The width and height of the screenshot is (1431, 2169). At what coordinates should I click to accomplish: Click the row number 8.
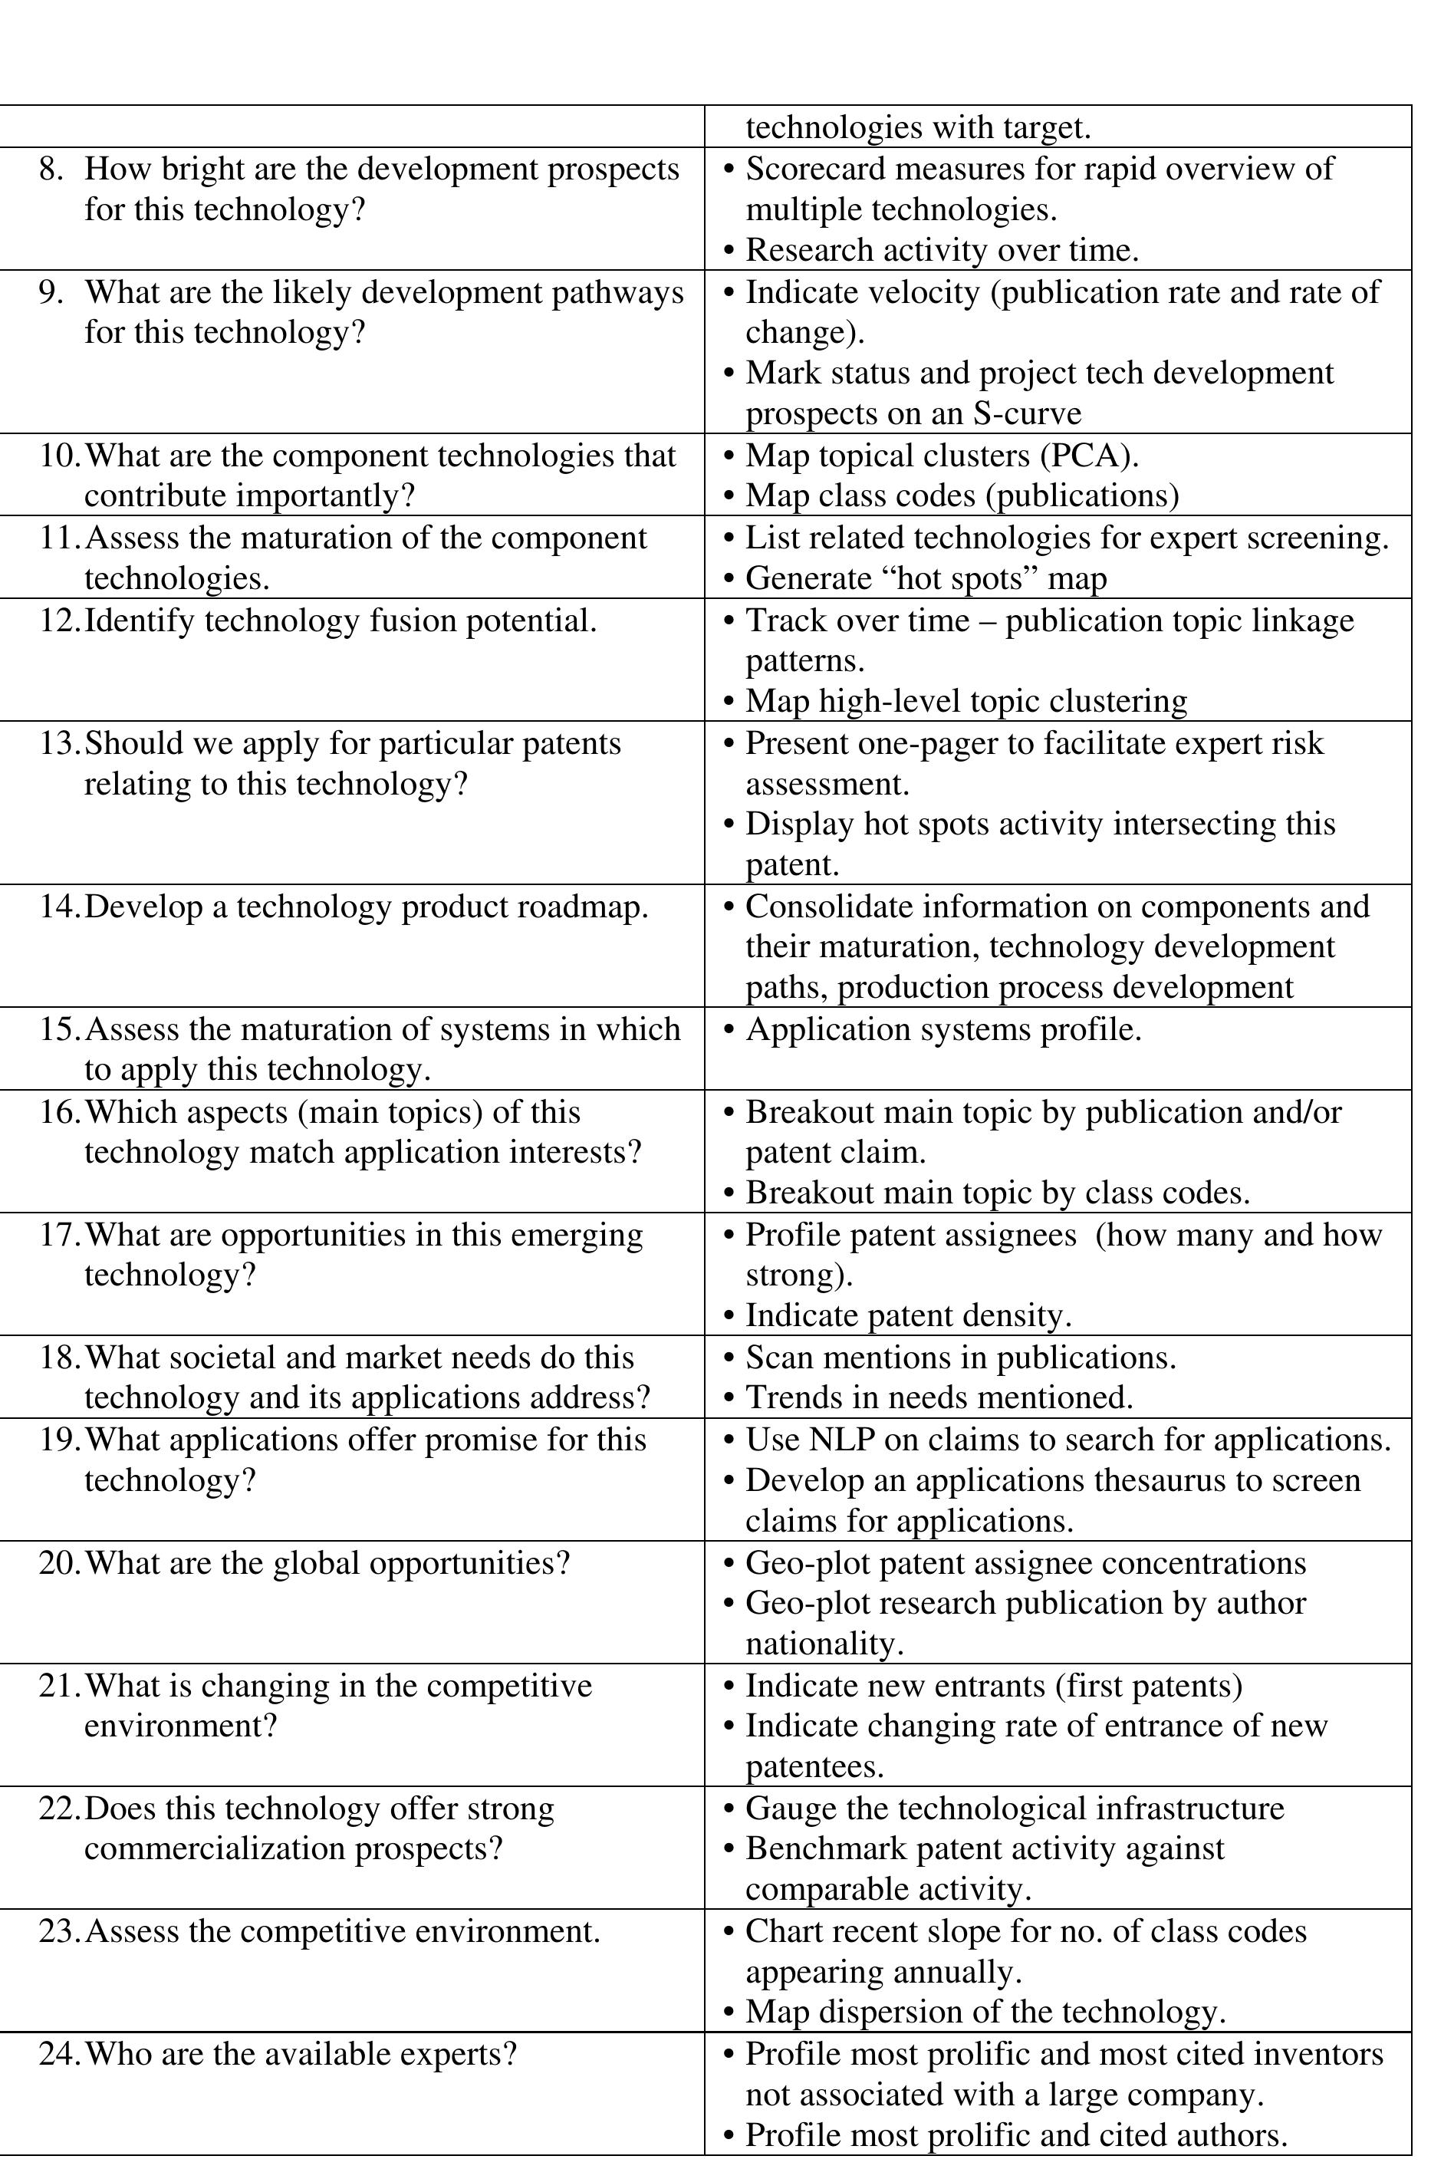(49, 170)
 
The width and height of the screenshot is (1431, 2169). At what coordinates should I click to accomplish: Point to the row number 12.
(59, 621)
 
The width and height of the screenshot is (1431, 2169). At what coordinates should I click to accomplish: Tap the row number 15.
(59, 1030)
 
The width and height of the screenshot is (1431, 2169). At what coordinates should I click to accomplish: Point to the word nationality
(823, 1644)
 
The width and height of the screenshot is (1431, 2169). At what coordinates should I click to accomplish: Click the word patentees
(814, 1768)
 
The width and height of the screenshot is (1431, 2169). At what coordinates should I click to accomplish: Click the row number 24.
(59, 2055)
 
